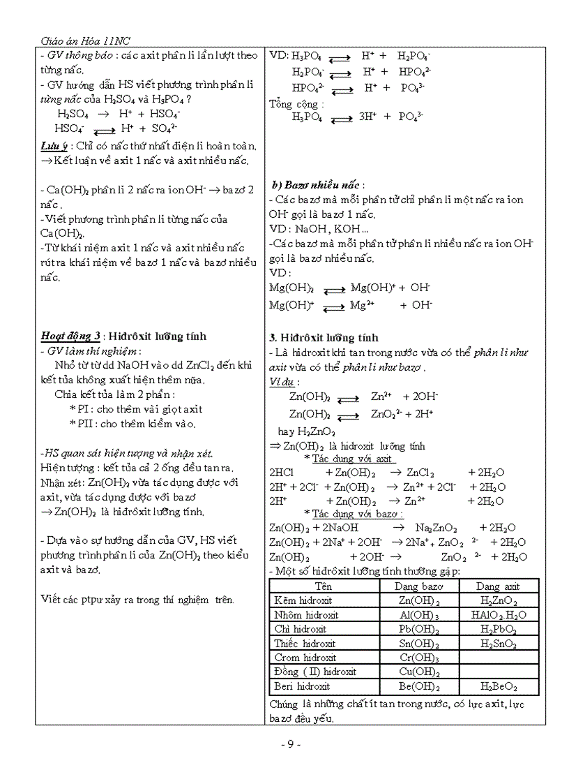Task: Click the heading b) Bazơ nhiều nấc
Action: click(316, 185)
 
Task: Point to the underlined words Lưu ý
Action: click(54, 147)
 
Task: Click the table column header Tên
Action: click(324, 586)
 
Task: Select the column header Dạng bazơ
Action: click(418, 586)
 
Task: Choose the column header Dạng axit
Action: click(498, 586)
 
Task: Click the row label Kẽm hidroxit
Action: click(303, 600)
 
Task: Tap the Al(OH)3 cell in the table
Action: click(419, 615)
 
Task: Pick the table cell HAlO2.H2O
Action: click(499, 615)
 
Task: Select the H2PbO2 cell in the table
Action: click(499, 629)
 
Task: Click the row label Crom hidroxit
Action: click(305, 658)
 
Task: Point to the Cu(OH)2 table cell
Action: click(419, 672)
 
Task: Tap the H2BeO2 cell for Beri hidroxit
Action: click(499, 686)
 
